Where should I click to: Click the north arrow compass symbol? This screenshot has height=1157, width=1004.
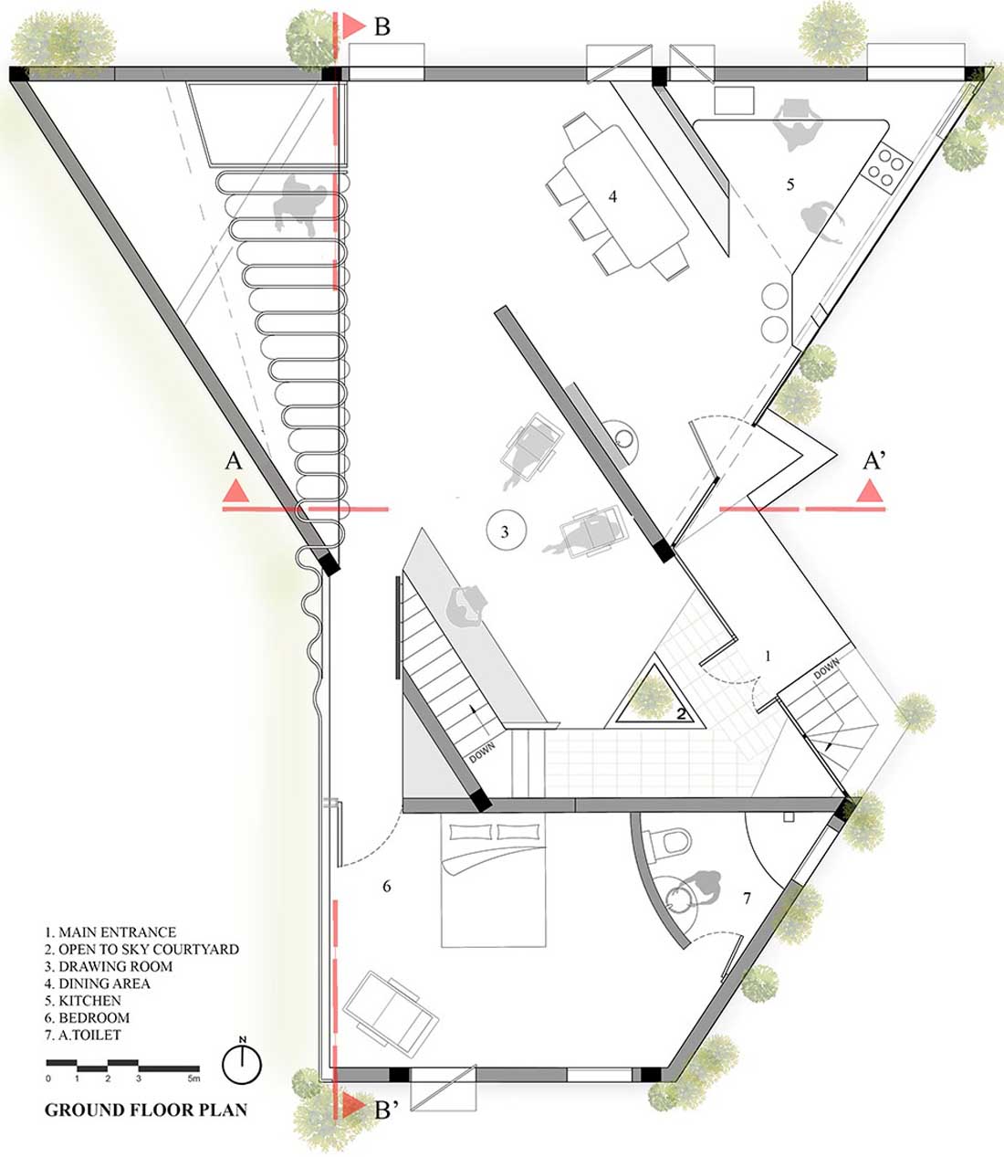click(242, 1063)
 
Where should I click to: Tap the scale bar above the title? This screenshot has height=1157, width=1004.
click(122, 1065)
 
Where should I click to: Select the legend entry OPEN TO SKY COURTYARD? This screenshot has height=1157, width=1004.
click(141, 948)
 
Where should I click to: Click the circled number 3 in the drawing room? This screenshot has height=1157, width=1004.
click(506, 531)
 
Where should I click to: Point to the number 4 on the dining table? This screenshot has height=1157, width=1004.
click(612, 196)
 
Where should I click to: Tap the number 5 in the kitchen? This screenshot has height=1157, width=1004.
click(790, 184)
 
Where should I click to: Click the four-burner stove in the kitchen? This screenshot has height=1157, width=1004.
click(886, 166)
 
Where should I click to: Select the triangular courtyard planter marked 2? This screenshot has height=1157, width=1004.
click(654, 698)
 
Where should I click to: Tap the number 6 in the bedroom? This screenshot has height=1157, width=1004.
click(386, 886)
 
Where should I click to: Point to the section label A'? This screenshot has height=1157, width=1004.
click(874, 461)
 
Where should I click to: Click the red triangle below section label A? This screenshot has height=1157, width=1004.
click(235, 491)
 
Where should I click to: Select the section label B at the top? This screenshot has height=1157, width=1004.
click(382, 26)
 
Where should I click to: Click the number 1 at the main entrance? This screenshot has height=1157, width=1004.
click(768, 656)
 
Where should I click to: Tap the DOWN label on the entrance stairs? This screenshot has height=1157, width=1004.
click(827, 669)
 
